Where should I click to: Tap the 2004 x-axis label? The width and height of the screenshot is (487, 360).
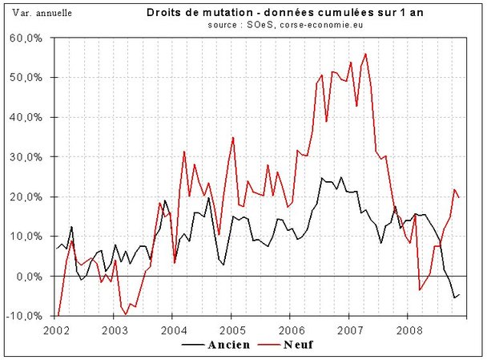[173, 330]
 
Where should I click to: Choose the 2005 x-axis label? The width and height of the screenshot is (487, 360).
[231, 330]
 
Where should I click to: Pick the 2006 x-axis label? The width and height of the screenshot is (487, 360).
[291, 330]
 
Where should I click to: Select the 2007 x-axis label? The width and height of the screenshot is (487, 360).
[349, 330]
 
